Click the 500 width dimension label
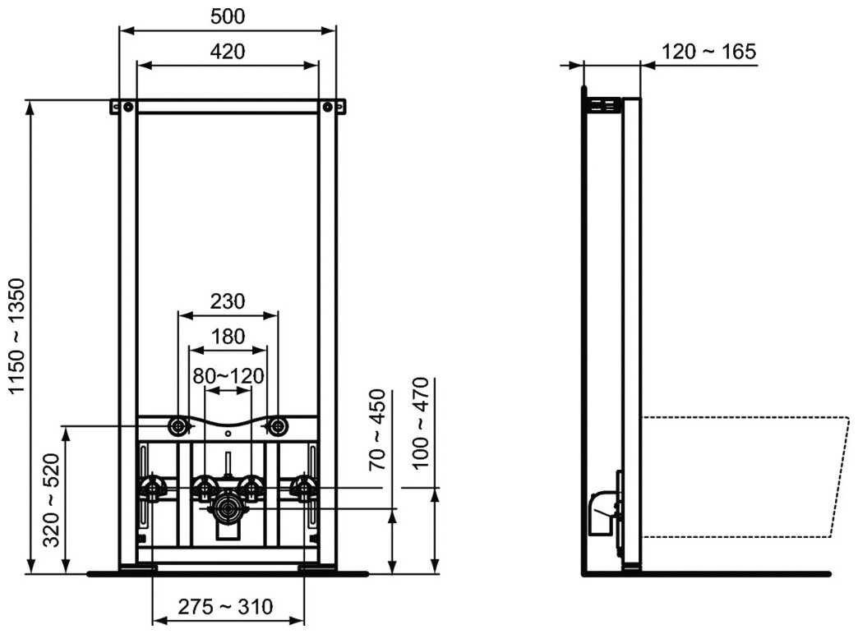point(228,16)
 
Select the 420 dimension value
point(228,51)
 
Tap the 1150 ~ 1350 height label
point(17,337)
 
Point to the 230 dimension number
point(228,301)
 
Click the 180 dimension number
point(228,336)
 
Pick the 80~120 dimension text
point(228,376)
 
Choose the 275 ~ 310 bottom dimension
point(226,608)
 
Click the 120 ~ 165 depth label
point(708,52)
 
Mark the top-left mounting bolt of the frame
point(127,107)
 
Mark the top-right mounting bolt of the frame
point(329,107)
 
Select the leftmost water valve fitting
point(150,489)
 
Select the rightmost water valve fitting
point(305,489)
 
